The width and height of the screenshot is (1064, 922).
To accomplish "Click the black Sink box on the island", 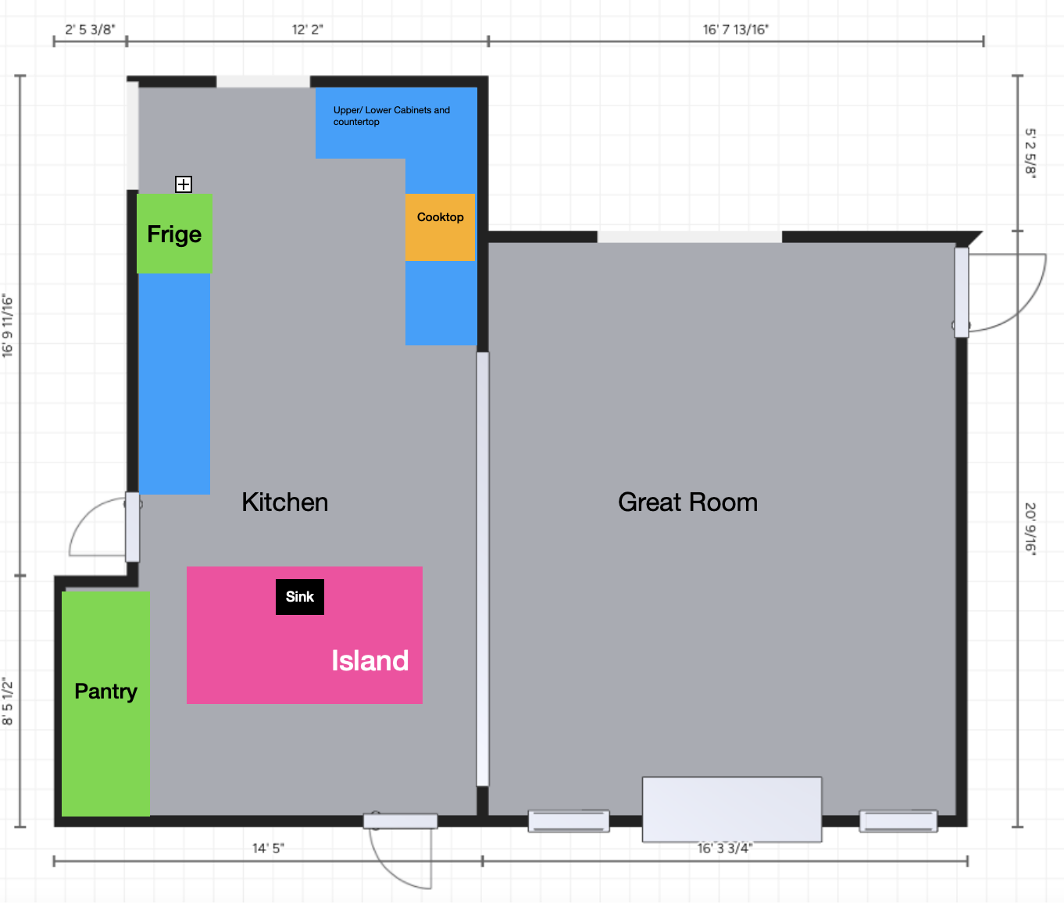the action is pos(299,597).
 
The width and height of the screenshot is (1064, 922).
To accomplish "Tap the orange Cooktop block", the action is pos(440,227).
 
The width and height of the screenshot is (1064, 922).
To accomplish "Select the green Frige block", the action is pos(174,233).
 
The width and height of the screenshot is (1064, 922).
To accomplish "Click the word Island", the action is pos(370,660).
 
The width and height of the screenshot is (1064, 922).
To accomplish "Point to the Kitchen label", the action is pos(284,502).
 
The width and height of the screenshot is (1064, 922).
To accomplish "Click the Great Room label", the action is pos(687,502).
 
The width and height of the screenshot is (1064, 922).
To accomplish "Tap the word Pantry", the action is pos(105,691).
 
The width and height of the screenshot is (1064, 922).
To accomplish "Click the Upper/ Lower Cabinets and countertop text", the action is pos(391,116).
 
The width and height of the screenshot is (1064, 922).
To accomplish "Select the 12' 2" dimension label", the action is pos(307,30).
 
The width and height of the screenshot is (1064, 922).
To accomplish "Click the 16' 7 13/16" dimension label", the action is pos(736,30).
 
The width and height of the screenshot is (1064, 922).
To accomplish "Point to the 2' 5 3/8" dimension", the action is pos(90,30).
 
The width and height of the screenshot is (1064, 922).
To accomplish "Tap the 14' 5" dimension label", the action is pos(268,848).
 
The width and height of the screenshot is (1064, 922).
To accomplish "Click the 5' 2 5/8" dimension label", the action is pos(1030,153).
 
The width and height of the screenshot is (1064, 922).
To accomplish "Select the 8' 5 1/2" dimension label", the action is pos(7,701).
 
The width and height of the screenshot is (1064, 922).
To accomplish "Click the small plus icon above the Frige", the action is pos(184,184).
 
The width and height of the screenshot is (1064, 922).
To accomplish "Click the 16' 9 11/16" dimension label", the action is pos(7,325).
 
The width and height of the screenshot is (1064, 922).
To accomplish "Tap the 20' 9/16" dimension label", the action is pos(1030,527).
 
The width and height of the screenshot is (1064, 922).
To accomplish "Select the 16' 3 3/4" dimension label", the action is pos(725,849).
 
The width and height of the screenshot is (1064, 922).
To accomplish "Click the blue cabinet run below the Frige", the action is pos(174,384).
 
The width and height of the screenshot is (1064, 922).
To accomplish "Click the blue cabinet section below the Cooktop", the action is pos(441,303).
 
